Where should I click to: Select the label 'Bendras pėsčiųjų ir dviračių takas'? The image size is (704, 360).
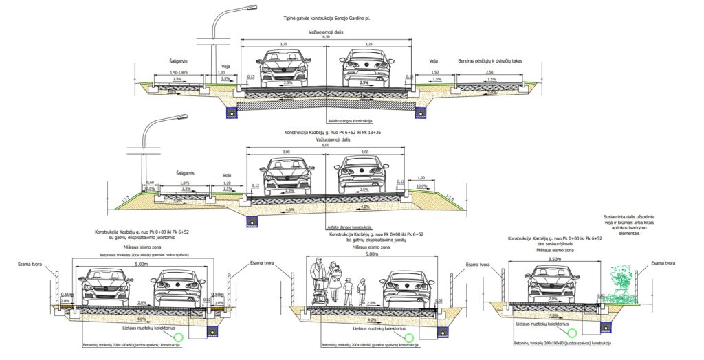pos(490,61)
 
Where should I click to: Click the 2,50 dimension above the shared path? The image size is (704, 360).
pos(489,71)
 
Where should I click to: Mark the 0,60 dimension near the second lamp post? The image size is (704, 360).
pos(151,183)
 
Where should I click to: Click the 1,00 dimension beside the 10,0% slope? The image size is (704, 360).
pos(421,177)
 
